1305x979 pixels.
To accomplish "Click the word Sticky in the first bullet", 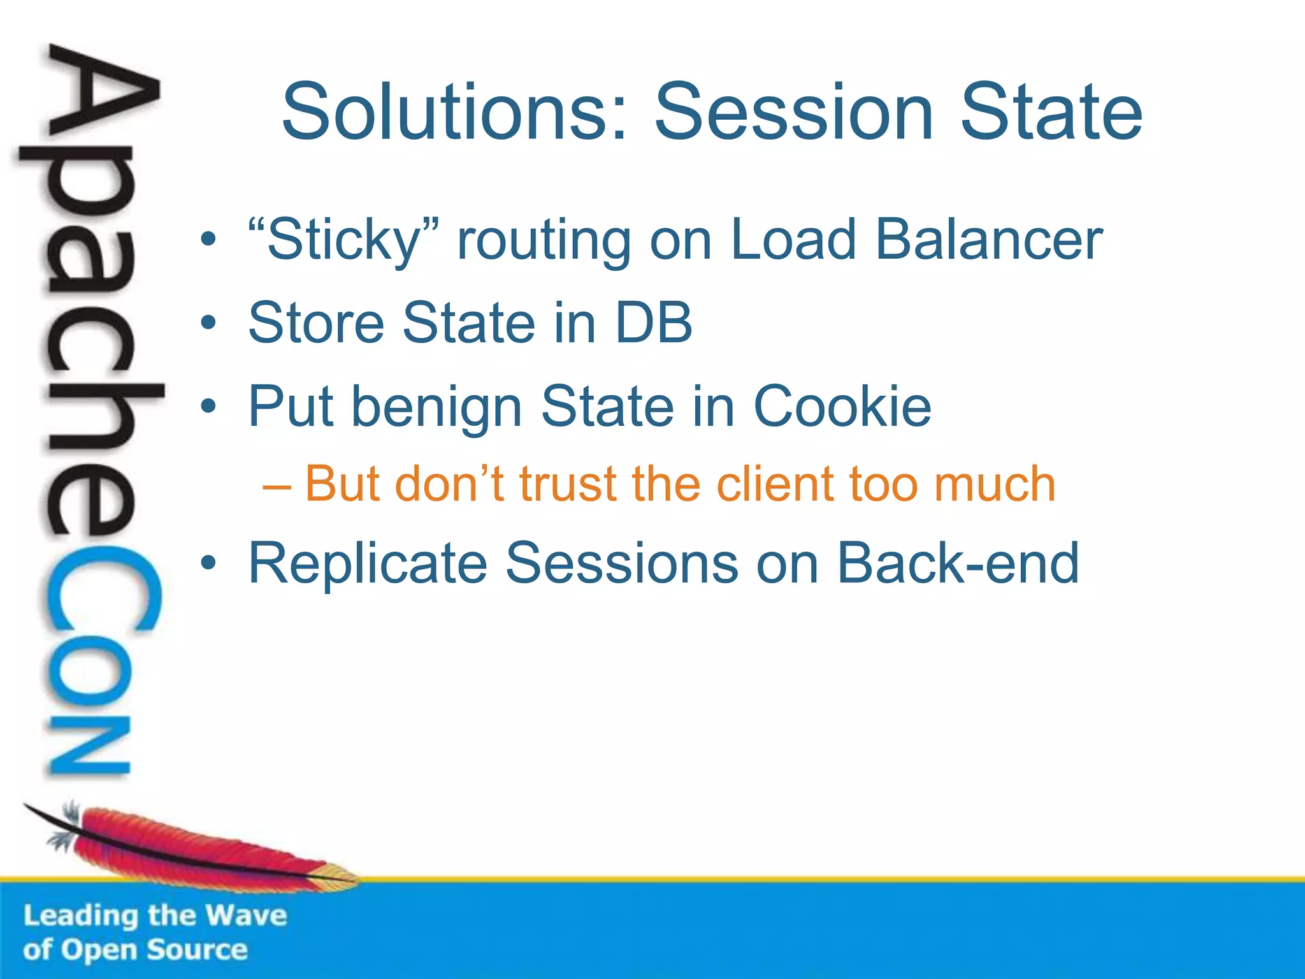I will click(x=344, y=241).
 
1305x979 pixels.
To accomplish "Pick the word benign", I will click(x=437, y=408).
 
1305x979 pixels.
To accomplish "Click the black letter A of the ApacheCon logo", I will click(x=102, y=96).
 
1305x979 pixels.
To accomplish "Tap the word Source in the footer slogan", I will click(x=197, y=950).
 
